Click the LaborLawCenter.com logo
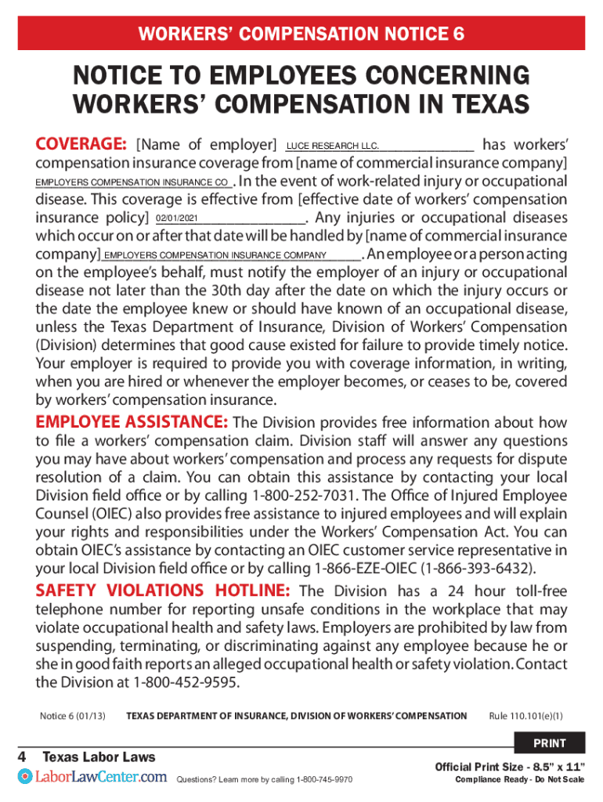92,777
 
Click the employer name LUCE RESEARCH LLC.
333,146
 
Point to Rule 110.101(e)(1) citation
525,716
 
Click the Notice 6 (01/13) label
72,716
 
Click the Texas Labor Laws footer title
99,757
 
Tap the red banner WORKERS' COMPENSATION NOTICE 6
301,34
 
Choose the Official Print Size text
510,766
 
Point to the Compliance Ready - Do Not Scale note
519,780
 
